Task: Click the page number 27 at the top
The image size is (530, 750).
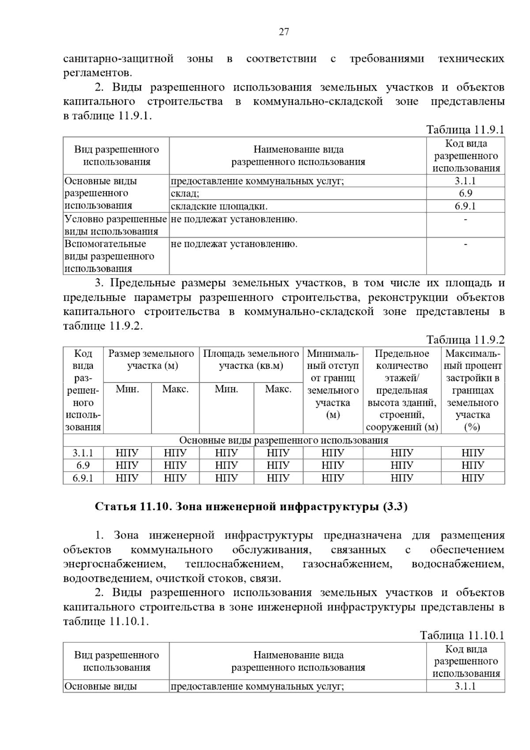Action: [284, 32]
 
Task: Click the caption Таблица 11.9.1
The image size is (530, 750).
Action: [465, 130]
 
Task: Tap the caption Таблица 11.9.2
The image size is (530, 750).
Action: [465, 340]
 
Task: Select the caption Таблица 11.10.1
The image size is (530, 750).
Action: [462, 636]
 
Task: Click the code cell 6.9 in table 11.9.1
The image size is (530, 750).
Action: [465, 193]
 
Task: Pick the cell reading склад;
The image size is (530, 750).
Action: [185, 193]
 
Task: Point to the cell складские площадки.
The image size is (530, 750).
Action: [219, 206]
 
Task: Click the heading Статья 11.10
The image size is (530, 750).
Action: [251, 507]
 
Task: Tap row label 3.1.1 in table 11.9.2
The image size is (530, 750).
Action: [83, 453]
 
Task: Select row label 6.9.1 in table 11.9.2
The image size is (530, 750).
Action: [83, 478]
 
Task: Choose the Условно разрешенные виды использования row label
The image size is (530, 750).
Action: [116, 225]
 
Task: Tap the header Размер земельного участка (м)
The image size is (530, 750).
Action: [151, 360]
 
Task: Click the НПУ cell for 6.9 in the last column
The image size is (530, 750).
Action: [473, 465]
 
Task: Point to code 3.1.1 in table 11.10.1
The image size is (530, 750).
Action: [465, 686]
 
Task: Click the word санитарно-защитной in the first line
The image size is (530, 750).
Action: [118, 59]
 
